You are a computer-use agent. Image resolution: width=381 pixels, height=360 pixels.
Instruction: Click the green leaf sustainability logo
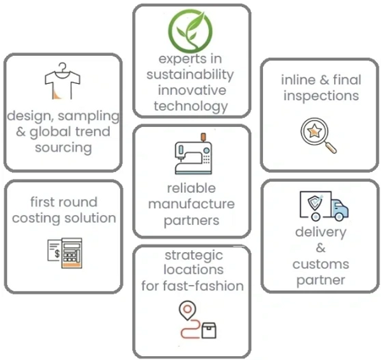coord(190,31)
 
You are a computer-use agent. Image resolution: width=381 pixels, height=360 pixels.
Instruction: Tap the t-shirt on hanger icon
coord(62,81)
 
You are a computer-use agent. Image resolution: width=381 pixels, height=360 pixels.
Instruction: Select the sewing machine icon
coord(194,154)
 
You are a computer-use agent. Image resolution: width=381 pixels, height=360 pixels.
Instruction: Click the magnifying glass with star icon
coord(318,135)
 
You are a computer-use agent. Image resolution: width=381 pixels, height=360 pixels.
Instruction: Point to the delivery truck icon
coord(324,206)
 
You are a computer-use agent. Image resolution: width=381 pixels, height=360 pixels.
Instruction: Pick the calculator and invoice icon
coord(65,253)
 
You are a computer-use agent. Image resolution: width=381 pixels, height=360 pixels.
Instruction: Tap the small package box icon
coord(209,330)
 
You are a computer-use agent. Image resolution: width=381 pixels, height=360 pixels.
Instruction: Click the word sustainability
coord(190,74)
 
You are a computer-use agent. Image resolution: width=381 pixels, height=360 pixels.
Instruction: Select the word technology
coord(191,107)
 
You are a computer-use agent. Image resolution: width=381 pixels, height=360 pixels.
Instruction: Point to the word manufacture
coord(192,204)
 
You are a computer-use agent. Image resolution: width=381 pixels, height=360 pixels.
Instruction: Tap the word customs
coord(321,264)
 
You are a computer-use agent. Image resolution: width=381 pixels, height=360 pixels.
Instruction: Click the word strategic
coord(194,256)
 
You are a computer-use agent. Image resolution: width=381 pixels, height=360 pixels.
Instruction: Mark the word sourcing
coord(63,148)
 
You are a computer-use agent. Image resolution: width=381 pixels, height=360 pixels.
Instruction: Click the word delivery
coord(321,232)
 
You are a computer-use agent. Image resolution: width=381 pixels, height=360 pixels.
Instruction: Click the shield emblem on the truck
coord(316,202)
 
